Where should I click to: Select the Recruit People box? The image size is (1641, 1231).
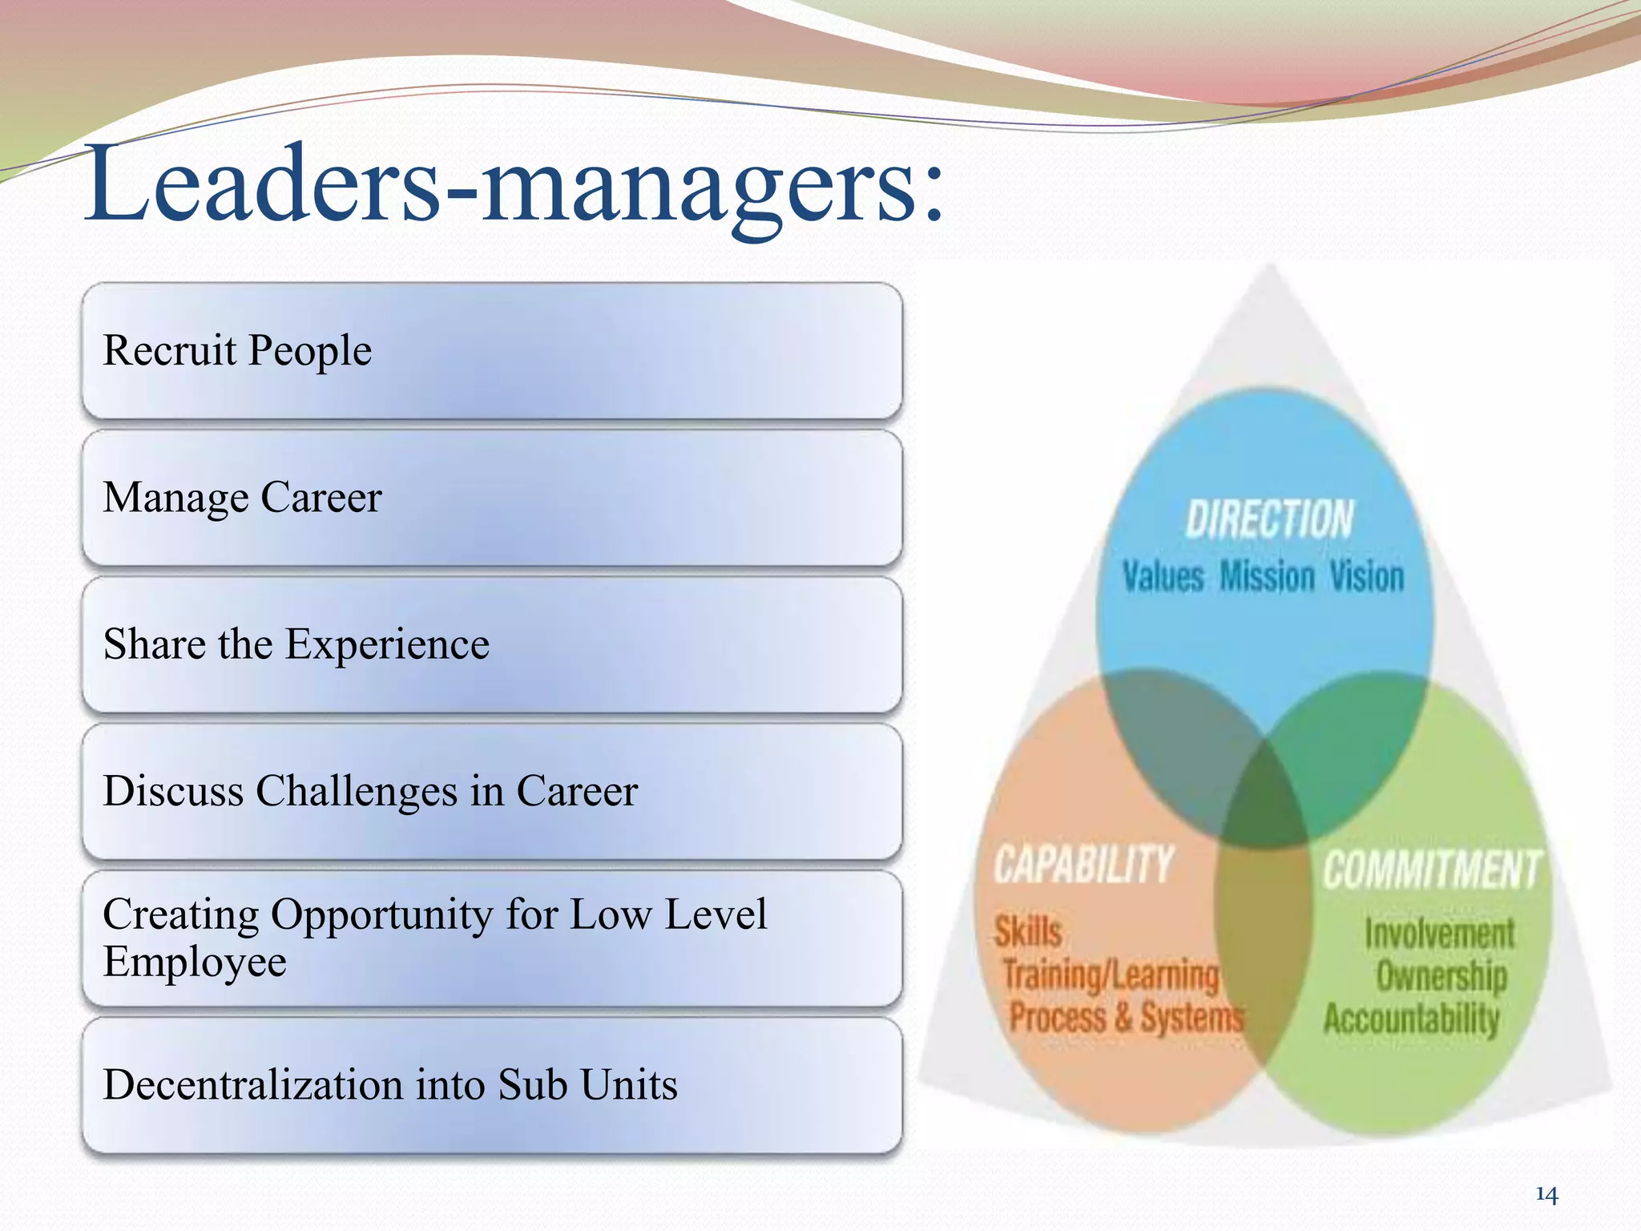tap(492, 350)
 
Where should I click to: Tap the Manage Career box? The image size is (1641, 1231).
tap(492, 498)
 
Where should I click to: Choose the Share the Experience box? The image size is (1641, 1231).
tap(492, 644)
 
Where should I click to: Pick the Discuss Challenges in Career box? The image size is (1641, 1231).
tap(492, 791)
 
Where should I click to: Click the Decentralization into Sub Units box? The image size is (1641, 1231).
tap(492, 1085)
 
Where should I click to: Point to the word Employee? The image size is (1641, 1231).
tap(195, 962)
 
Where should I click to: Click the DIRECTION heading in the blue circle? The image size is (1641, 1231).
tap(1269, 519)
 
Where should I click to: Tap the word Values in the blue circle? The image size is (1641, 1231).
tap(1163, 577)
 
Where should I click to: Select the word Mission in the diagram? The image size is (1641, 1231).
tap(1267, 577)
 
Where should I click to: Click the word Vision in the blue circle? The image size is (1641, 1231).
tap(1367, 577)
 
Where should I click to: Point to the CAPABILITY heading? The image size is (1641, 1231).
tap(1084, 865)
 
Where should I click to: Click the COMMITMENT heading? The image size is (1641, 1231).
tap(1431, 870)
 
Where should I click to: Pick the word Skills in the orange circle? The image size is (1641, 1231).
tap(1029, 932)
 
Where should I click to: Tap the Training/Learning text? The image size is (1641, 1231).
tap(1111, 975)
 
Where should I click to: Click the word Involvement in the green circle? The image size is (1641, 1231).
tap(1440, 934)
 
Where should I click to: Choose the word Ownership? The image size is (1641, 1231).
tap(1441, 976)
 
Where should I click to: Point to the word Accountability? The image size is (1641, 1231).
tap(1411, 1019)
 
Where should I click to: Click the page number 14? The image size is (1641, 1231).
tap(1546, 1196)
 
